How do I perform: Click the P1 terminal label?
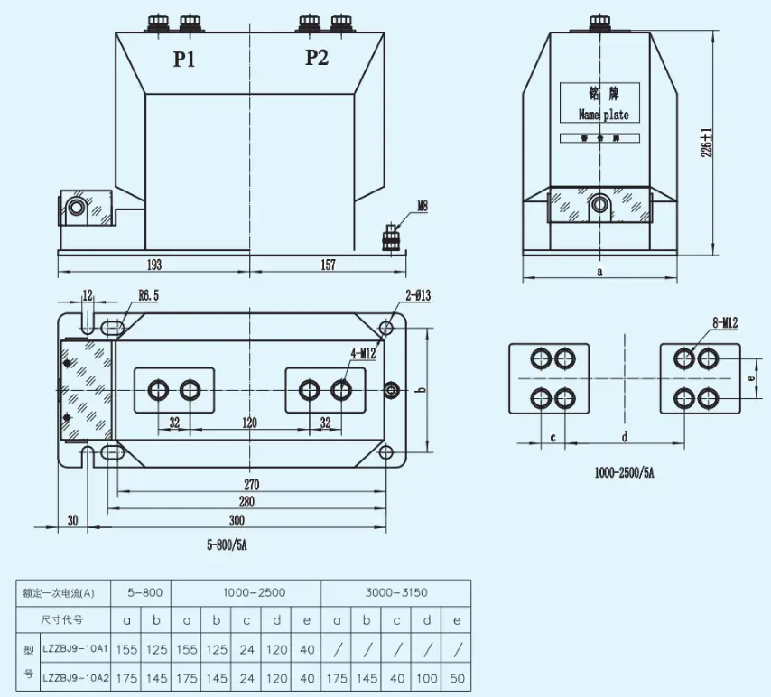point(185,60)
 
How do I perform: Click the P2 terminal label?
point(317,59)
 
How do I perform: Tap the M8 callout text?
point(422,207)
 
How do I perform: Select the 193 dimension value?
point(154,265)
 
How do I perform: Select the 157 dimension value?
point(328,265)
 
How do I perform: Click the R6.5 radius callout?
point(150,295)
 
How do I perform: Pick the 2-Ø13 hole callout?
point(392,295)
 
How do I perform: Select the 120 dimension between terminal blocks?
point(249,423)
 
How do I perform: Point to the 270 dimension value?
point(251,485)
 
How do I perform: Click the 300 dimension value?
point(237,521)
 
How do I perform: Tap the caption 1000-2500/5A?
point(624,472)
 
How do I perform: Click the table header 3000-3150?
point(396,592)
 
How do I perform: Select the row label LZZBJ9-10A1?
point(75,648)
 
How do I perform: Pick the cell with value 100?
point(426,678)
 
